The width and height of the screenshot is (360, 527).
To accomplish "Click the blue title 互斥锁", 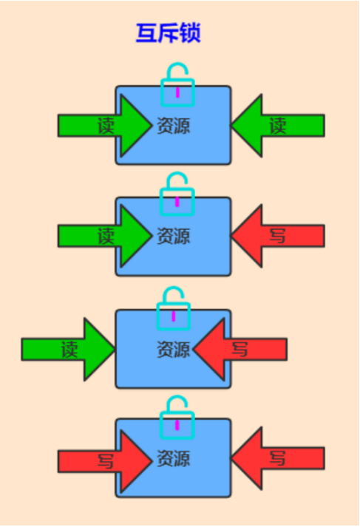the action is click(x=168, y=33).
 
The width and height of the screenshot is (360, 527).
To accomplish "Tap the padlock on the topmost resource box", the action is click(x=177, y=101).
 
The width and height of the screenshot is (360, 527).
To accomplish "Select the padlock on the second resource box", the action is click(x=177, y=211).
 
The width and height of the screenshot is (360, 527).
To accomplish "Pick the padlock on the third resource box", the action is click(x=174, y=324).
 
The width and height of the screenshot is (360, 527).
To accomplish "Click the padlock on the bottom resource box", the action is click(x=177, y=434).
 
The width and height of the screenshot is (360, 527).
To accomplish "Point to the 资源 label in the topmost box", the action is click(x=174, y=126).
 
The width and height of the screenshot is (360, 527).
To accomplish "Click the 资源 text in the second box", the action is click(x=174, y=236).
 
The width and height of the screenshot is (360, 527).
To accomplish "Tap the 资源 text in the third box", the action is click(x=174, y=349).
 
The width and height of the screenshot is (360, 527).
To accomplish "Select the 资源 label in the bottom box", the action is click(x=174, y=458).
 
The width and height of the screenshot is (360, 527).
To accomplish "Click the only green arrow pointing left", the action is click(x=278, y=126).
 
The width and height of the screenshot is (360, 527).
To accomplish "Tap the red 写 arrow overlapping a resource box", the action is click(x=240, y=349).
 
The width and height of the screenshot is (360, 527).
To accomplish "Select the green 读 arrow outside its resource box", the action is click(x=68, y=350).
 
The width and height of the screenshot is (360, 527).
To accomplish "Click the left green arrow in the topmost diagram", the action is click(x=105, y=126).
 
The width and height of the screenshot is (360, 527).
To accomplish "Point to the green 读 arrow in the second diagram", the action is click(x=105, y=236).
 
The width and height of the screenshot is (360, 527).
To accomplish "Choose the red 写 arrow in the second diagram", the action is click(x=278, y=236).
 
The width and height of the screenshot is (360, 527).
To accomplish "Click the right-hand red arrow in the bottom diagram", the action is click(x=278, y=458).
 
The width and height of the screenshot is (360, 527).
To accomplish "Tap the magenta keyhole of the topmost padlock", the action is click(x=177, y=92).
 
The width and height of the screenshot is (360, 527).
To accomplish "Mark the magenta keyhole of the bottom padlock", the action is click(x=177, y=425).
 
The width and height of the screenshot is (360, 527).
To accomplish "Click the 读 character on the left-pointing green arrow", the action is click(x=278, y=126).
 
